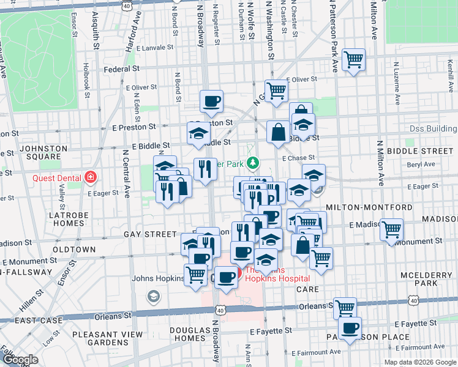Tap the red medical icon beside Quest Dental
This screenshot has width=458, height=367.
point(91,177)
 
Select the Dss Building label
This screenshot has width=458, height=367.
point(432,129)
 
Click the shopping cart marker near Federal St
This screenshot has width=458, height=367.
point(354,60)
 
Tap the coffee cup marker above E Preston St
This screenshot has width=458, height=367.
point(211,102)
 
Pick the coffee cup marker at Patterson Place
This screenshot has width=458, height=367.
point(350,328)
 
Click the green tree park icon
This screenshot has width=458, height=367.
point(252,163)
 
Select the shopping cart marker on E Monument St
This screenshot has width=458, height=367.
point(391,230)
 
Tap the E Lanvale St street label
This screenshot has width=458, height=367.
point(156,47)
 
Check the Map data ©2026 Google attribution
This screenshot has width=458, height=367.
point(419,362)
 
